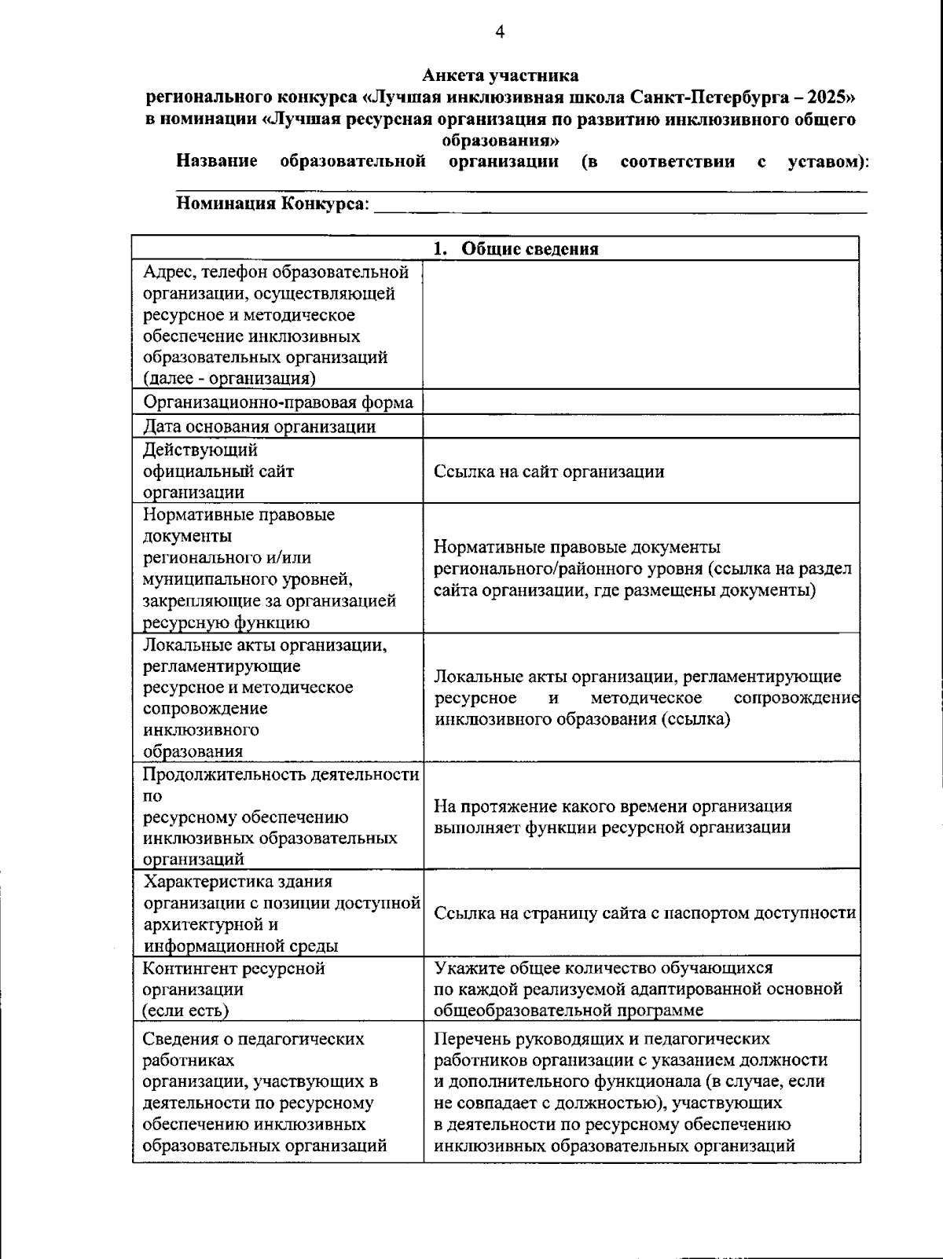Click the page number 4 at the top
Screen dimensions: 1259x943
point(500,32)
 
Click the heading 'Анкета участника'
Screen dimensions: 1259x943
point(500,75)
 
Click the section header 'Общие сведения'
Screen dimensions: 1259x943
point(529,249)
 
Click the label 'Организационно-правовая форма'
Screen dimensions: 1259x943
point(277,402)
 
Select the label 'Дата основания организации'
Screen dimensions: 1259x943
point(259,427)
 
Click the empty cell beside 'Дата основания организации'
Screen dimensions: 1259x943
point(640,427)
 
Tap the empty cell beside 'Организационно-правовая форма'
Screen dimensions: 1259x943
point(640,402)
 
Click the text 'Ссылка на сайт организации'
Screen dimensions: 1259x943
point(549,472)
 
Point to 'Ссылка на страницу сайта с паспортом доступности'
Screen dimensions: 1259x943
point(644,913)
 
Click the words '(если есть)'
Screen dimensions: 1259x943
point(185,1011)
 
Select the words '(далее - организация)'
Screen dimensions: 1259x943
point(229,379)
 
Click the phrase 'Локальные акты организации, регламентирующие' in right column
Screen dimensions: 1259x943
point(637,677)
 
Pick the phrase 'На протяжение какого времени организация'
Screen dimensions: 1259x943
point(613,806)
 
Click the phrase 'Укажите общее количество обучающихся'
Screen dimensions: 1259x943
point(604,968)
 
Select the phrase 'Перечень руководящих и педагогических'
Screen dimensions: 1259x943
point(602,1039)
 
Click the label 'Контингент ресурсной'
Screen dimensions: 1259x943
point(233,968)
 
